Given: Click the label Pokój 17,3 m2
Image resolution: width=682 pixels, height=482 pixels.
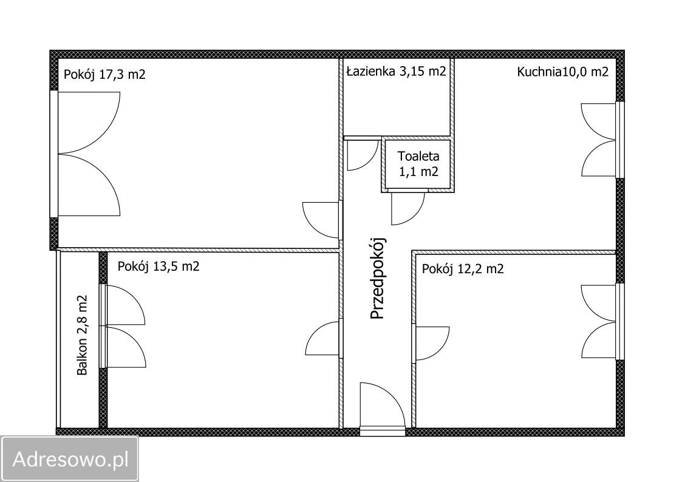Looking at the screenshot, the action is tap(104, 74).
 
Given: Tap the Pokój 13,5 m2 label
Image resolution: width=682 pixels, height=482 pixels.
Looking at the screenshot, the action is tap(159, 266).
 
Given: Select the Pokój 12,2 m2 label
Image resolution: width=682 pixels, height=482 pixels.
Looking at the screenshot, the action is tap(463, 269).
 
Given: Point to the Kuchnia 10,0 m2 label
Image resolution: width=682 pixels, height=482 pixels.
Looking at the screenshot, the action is tap(563, 72).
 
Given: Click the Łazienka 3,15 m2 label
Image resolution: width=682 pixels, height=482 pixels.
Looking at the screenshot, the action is tap(396, 71).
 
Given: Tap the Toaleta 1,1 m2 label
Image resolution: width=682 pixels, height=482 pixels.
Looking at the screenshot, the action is tap(418, 163).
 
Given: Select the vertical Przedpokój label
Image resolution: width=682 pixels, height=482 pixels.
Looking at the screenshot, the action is tap(378, 278).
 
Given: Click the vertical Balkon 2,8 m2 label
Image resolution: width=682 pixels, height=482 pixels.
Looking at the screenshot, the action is tap(82, 335).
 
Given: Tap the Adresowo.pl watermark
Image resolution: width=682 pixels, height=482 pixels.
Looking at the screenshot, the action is tap(70, 459).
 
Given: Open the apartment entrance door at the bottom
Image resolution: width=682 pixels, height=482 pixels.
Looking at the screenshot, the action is tap(383, 407).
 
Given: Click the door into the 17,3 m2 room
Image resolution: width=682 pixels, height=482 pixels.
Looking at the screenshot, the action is tap(322, 220).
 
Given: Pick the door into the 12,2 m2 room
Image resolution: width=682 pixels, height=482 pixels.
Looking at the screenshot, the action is tap(431, 343).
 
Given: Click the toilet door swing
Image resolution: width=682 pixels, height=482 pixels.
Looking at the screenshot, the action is tap(407, 209).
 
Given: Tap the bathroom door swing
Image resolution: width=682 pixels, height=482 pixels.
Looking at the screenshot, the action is tap(363, 154).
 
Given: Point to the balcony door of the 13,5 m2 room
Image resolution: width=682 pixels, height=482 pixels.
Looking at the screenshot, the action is tap(123, 326).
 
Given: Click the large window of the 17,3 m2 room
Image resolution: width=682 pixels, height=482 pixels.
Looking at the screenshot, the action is tap(85, 154).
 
